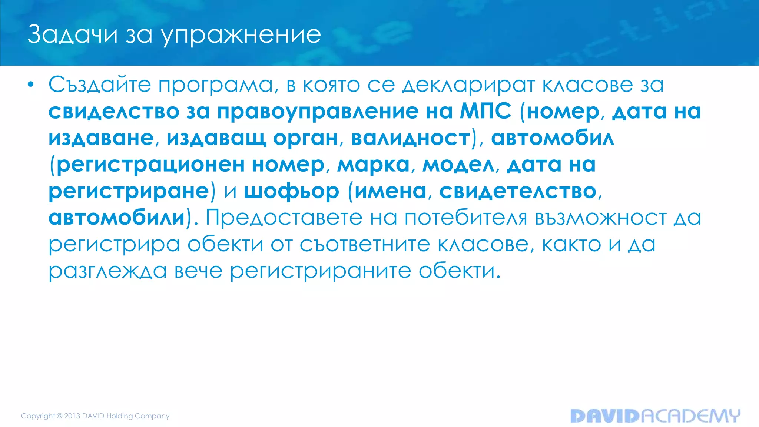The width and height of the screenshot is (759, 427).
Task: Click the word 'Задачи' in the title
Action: tap(73, 34)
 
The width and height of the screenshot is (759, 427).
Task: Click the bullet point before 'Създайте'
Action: tap(31, 85)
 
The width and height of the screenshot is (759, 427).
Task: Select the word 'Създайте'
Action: tap(99, 85)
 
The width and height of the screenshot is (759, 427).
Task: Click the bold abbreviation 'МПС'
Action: tap(485, 111)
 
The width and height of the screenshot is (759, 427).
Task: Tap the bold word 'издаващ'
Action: tap(216, 138)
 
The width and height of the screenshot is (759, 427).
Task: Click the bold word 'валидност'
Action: tap(410, 138)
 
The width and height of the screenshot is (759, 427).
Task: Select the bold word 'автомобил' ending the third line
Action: tap(552, 138)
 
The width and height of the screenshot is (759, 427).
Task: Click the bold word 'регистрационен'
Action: tap(150, 165)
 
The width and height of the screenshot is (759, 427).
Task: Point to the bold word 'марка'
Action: tap(373, 165)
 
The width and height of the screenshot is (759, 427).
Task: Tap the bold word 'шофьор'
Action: tap(291, 191)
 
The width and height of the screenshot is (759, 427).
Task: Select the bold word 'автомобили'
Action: tap(117, 218)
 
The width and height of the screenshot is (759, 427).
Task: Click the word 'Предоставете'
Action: tap(284, 218)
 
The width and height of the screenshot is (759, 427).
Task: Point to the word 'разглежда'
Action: tap(108, 271)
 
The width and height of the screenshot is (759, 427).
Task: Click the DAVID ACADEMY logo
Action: tap(655, 416)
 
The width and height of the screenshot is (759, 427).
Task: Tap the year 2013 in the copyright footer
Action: tap(72, 416)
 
